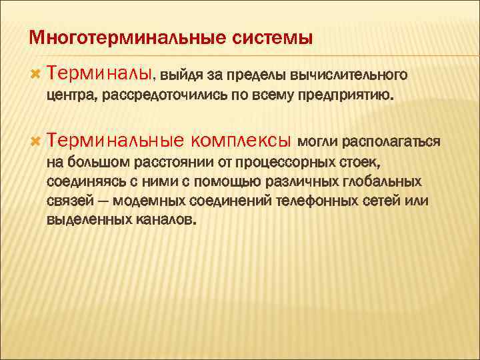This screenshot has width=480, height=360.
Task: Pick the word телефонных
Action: tap(317, 201)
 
